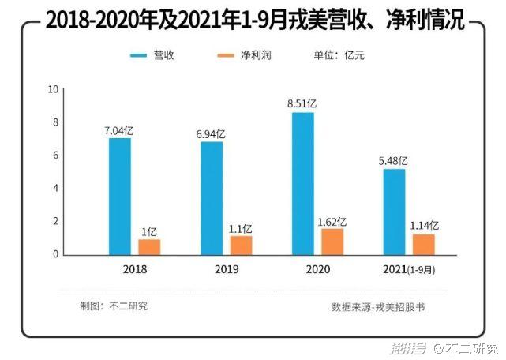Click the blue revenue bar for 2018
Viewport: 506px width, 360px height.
point(120,197)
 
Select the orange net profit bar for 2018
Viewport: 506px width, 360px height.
point(149,246)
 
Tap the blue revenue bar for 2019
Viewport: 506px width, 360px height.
point(212,198)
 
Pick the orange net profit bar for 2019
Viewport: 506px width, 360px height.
point(241,245)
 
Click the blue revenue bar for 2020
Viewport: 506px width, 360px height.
point(303,184)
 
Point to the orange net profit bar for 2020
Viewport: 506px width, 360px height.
point(332,242)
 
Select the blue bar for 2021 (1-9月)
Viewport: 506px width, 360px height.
point(395,212)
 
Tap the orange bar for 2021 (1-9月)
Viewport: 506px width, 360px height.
point(425,245)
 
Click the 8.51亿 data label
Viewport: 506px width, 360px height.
point(304,103)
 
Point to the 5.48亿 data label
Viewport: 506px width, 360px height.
point(395,160)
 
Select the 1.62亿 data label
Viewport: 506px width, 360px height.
point(332,222)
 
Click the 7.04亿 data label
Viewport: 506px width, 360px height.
point(120,131)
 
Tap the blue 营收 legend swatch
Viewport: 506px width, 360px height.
point(139,56)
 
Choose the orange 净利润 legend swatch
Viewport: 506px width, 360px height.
point(226,56)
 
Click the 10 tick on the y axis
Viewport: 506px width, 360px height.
point(54,89)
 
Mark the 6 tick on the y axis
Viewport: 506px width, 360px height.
point(54,156)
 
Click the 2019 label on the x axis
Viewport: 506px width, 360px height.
point(226,268)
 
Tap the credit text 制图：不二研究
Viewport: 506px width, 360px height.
point(113,306)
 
